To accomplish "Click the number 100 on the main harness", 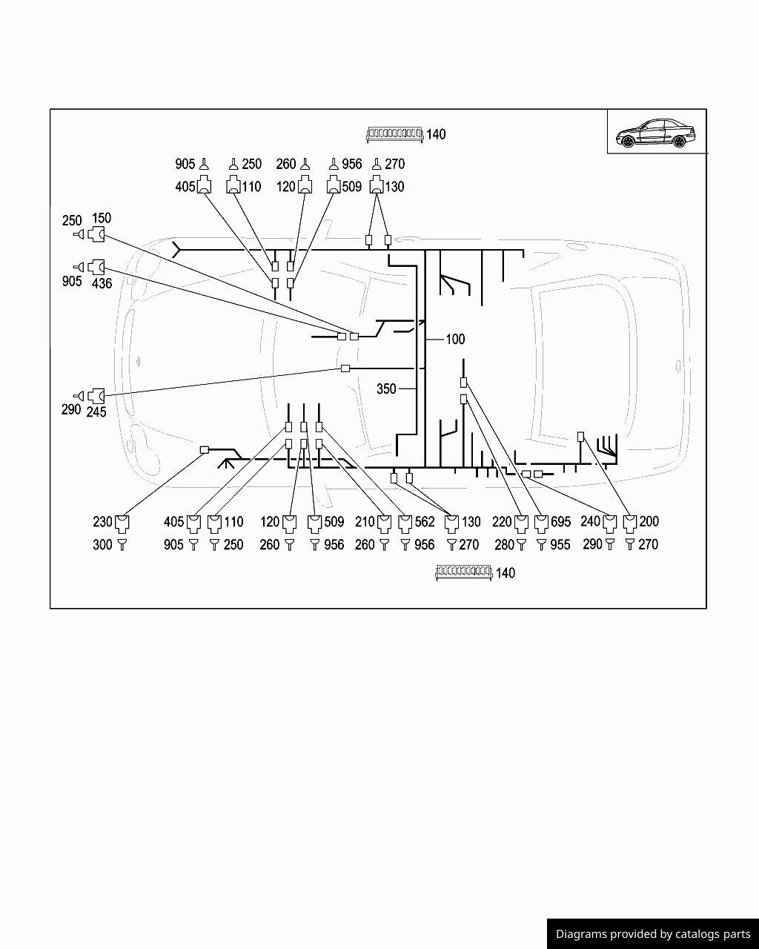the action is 455,339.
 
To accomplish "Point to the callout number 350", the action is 386,389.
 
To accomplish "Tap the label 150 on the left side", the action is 102,218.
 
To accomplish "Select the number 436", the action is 102,283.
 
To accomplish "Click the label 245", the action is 96,412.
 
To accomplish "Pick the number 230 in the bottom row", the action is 102,522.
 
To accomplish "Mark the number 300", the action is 102,545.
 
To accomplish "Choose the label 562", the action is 425,522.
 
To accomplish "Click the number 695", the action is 561,522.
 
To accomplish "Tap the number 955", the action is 560,545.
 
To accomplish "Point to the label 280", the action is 505,545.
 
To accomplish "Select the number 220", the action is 502,522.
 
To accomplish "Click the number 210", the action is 365,522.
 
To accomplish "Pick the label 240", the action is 591,521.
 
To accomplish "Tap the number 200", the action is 649,521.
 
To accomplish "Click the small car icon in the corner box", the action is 655,133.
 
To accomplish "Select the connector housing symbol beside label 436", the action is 96,267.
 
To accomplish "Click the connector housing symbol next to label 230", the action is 122,523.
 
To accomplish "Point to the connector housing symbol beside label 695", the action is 541,523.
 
